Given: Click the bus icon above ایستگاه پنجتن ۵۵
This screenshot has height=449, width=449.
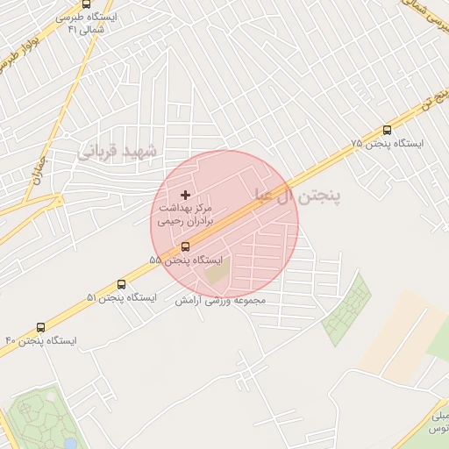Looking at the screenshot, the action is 184,246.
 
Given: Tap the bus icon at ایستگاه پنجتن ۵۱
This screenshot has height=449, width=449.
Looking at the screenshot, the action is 121,284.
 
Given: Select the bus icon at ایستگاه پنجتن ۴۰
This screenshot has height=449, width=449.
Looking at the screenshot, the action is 40,327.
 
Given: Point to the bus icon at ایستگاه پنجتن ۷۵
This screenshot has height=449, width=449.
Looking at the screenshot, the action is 387,130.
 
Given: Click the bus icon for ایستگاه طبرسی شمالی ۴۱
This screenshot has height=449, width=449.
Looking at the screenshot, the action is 85,4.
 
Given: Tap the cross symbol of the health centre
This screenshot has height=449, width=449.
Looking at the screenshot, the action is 184,194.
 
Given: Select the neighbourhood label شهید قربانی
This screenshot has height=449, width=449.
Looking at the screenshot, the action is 118,152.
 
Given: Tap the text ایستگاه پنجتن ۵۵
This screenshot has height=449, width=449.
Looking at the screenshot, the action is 186,260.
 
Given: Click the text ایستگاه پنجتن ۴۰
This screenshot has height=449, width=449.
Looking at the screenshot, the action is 41,340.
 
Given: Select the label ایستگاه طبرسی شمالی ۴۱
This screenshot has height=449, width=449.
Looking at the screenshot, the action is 92,22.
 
